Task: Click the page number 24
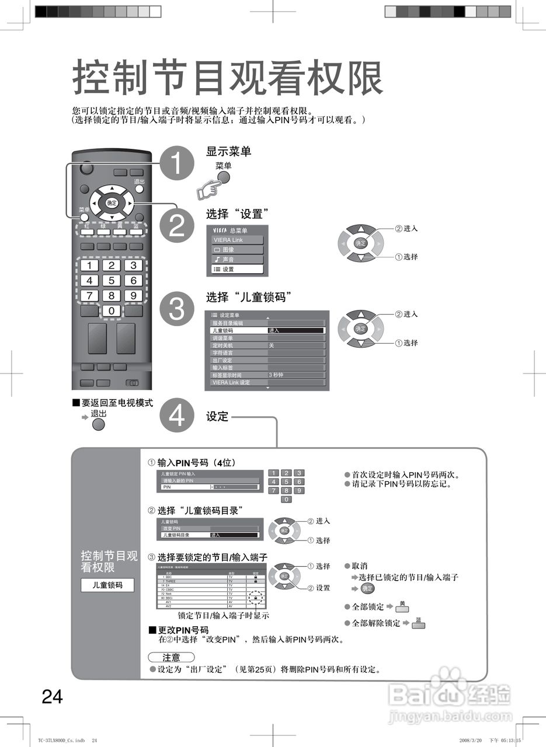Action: [52, 696]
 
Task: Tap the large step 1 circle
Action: [176, 164]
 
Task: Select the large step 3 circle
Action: [176, 309]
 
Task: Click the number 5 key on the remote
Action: [111, 280]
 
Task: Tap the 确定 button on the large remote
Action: [111, 203]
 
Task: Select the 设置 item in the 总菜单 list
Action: [237, 270]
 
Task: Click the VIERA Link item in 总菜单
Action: [237, 240]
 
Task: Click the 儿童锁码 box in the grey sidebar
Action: [107, 585]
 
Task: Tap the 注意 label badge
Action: [171, 657]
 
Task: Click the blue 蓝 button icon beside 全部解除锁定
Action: [418, 624]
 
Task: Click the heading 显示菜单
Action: [228, 152]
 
